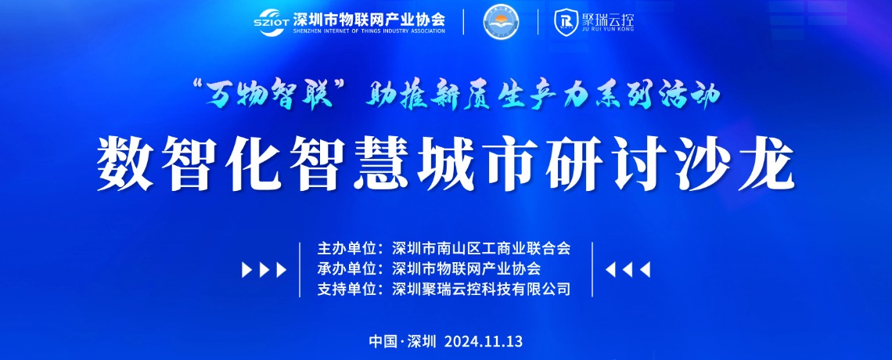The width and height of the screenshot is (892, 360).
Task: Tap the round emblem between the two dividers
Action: pos(501,22)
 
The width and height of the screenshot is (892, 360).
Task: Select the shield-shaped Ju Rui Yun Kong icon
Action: pos(563,21)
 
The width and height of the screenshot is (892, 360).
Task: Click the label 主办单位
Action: pos(347,249)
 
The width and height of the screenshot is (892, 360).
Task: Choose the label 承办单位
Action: pos(347,268)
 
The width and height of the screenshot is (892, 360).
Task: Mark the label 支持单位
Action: pos(347,289)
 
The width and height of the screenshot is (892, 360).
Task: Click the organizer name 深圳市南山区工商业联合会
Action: pos(481,249)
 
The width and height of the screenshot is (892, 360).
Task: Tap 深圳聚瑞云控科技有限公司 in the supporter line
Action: pos(481,289)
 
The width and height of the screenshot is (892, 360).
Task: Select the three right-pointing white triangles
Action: pos(264,269)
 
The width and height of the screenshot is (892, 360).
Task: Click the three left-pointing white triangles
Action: pos(628,269)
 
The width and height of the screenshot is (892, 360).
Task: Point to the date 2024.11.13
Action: pos(484,342)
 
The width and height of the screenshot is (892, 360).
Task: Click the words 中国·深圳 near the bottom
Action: pos(402,342)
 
